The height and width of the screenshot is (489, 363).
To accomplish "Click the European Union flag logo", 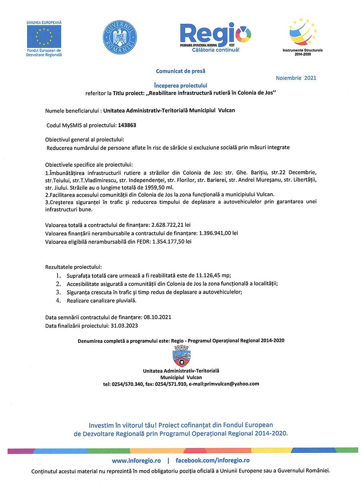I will pyautogui.click(x=44, y=36).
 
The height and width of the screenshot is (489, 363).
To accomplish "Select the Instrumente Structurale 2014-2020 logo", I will pyautogui.click(x=302, y=34).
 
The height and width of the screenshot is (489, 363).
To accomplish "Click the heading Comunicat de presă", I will pyautogui.click(x=178, y=70).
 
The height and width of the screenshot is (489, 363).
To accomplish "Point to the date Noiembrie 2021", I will pyautogui.click(x=296, y=78).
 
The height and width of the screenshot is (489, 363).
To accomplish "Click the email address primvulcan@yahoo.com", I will pyautogui.click(x=228, y=383).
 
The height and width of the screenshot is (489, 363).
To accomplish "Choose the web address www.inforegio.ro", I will pyautogui.click(x=133, y=461).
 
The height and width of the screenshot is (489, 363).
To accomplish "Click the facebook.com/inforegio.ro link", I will pyautogui.click(x=213, y=461).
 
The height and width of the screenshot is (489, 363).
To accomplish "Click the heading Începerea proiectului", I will pyautogui.click(x=177, y=86).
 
